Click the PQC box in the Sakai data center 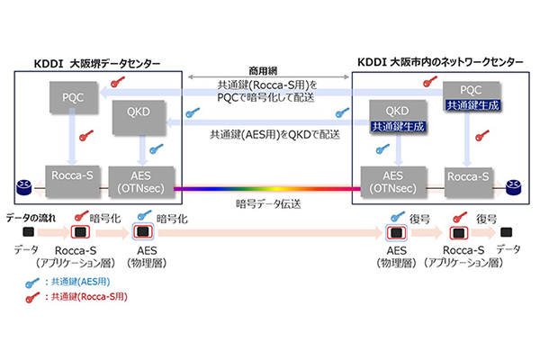74,97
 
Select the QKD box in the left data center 139,118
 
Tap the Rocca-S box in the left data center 73,182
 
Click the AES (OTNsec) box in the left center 141,182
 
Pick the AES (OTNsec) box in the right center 393,182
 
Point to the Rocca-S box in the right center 468,183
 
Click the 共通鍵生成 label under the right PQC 472,105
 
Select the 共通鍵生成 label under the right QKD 398,126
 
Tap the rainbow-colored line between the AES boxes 267,189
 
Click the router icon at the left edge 23,186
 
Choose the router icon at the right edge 513,187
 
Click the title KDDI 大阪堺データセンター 97,64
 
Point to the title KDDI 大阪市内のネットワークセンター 440,62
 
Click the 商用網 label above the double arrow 263,71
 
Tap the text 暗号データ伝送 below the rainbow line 268,204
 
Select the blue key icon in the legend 32,283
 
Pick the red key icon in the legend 32,297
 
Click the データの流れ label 31,218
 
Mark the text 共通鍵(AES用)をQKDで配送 275,134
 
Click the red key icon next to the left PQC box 118,82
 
